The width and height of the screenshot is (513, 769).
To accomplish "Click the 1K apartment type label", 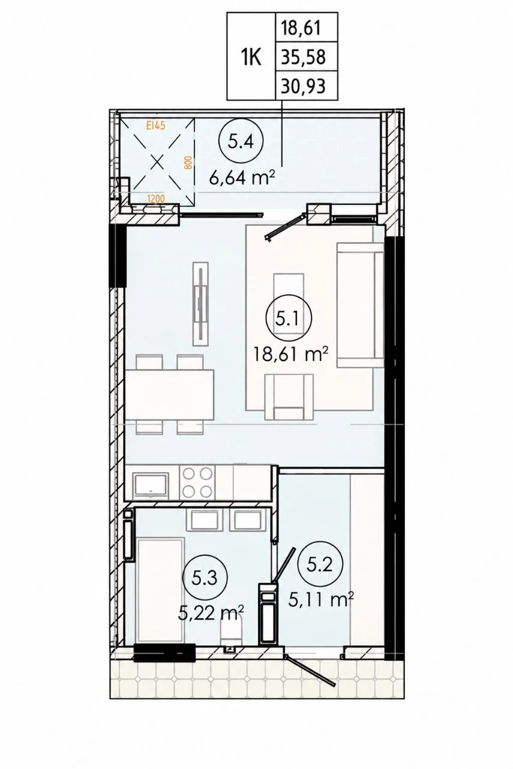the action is [251, 57].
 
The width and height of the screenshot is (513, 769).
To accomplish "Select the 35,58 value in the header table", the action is [303, 57].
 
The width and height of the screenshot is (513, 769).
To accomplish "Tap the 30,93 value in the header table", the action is [303, 87].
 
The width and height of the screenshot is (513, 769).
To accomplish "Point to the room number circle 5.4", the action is [241, 142].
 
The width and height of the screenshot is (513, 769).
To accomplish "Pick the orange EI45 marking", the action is [156, 126].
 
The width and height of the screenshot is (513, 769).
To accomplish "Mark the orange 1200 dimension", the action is [156, 198].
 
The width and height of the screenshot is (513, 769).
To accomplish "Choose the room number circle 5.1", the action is [289, 319].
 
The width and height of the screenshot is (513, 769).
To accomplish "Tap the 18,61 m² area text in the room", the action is [290, 354].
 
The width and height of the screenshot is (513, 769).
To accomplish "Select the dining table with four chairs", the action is [169, 395].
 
